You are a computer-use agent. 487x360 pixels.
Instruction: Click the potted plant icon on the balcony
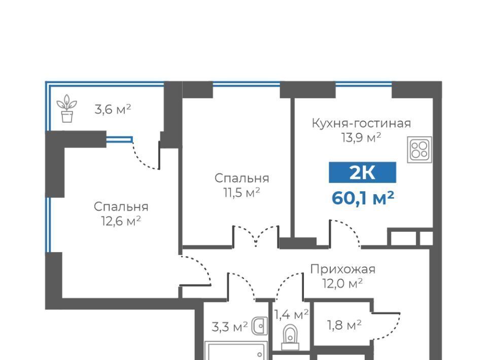coord(67,109)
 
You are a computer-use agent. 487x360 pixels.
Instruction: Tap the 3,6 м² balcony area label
coord(113,109)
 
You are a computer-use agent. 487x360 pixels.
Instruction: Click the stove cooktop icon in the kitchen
coord(420,150)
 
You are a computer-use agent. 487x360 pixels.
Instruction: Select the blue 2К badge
coord(362,172)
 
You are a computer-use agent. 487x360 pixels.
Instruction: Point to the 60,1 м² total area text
coord(363,198)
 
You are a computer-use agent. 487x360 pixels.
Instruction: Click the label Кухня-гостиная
coord(361,123)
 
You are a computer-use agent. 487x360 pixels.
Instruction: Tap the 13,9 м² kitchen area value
coord(361,137)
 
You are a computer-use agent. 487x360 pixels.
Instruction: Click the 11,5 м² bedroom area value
coord(241,193)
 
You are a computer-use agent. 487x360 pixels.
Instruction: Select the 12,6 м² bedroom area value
coord(121,221)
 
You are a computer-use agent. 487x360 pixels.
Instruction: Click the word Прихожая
coord(343,269)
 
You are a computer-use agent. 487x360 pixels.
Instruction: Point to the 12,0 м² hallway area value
coord(342,283)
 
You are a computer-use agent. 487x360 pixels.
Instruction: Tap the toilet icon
coord(290,338)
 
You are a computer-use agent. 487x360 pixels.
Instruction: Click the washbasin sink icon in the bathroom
coord(259,326)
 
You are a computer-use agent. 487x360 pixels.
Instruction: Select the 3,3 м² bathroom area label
coord(229,327)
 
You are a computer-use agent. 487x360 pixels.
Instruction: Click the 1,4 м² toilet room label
coord(291,314)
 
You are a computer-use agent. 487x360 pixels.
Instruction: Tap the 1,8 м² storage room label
coord(344,325)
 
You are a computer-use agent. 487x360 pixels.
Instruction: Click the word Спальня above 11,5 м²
coord(241,178)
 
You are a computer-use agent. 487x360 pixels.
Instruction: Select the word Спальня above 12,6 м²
coord(121,207)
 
